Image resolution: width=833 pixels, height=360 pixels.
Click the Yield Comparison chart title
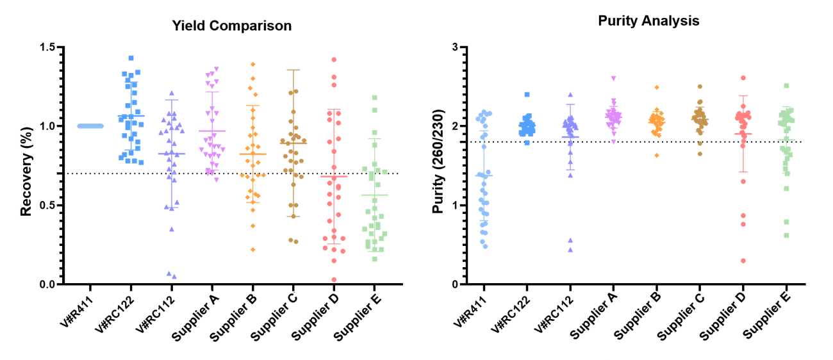tap(232, 26)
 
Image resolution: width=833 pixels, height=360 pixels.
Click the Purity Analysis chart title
tap(648, 21)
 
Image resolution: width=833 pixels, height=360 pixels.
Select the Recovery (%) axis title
tap(26, 172)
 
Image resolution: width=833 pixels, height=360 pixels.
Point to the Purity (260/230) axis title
tap(438, 161)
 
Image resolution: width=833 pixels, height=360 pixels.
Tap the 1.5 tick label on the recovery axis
tap(47, 47)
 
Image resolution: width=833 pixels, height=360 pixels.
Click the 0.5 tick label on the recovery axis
tap(47, 205)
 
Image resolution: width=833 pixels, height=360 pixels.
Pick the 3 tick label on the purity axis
tap(454, 47)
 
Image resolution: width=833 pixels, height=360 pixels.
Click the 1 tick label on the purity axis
tap(454, 205)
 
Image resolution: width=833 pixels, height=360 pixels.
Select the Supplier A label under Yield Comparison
tap(195, 317)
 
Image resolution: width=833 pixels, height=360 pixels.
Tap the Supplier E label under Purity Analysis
tap(767, 315)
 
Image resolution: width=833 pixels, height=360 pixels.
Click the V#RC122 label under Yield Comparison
tap(114, 315)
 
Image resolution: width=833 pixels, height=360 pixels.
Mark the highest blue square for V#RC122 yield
tap(131, 58)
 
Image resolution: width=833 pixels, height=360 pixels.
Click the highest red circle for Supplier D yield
tap(334, 60)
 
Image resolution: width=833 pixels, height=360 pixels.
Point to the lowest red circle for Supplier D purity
tap(743, 261)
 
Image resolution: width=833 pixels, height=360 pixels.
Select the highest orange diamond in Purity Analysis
tap(657, 87)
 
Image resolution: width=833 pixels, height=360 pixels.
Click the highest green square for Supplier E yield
tap(375, 98)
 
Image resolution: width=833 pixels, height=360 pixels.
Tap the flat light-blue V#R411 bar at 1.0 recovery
tap(90, 126)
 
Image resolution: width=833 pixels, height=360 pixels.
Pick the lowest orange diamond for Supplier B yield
tap(253, 250)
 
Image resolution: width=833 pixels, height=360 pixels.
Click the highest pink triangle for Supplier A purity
tap(614, 79)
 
